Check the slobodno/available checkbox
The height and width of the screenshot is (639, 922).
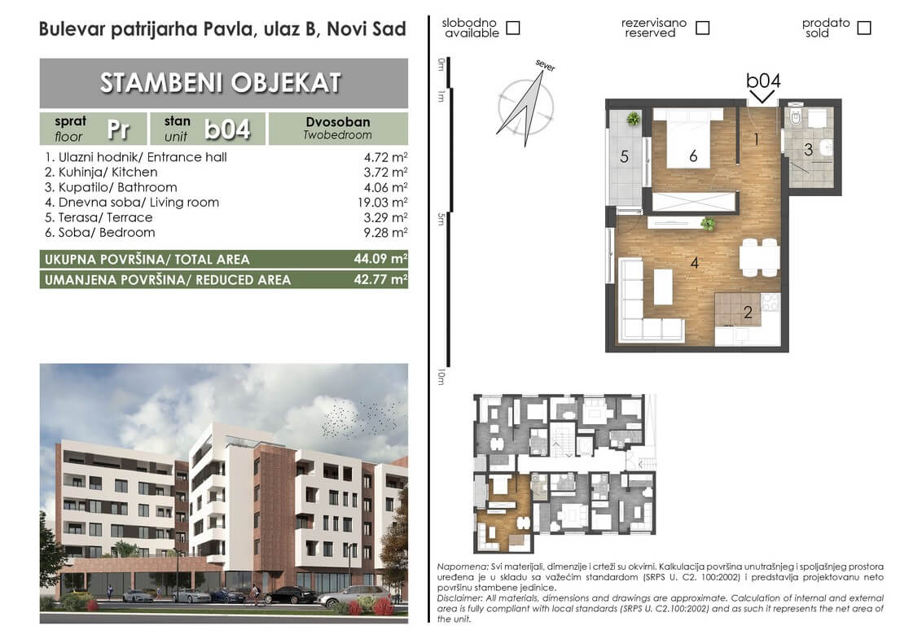[x=513, y=28]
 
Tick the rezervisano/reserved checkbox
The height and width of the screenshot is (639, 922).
[x=702, y=28]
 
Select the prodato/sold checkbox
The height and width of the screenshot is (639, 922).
[x=864, y=28]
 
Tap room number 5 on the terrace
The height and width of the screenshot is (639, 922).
[x=625, y=157]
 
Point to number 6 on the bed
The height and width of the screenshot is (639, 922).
[x=693, y=155]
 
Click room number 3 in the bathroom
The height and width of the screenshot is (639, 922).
[x=809, y=150]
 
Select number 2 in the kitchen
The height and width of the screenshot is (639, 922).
[x=748, y=312]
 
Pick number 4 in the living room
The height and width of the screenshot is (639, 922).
[x=695, y=263]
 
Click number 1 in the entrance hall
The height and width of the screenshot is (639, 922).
[x=756, y=139]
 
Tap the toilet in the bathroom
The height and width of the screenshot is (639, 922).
[x=796, y=117]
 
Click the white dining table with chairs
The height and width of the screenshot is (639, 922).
[x=760, y=257]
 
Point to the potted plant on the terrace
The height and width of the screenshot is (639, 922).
[x=634, y=119]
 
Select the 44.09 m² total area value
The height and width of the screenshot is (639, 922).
[x=380, y=259]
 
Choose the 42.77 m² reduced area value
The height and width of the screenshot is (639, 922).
[x=380, y=279]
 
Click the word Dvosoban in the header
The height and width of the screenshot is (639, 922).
[x=338, y=122]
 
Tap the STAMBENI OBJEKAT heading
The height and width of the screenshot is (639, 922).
[x=221, y=83]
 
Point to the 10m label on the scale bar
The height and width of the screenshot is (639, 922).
[x=441, y=377]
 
